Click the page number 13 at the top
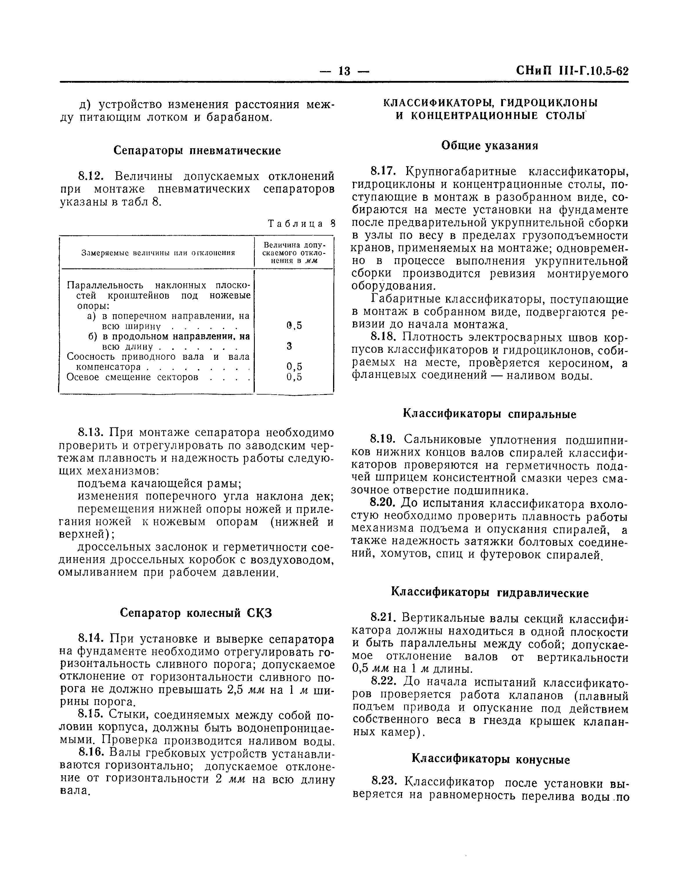[x=344, y=72]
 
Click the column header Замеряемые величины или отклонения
[x=158, y=253]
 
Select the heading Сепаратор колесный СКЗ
[x=196, y=613]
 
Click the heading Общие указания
[x=490, y=146]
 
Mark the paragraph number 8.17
[x=383, y=171]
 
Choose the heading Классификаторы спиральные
[x=490, y=415]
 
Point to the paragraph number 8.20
[x=383, y=503]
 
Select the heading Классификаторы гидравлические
[x=490, y=593]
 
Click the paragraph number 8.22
[x=383, y=682]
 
